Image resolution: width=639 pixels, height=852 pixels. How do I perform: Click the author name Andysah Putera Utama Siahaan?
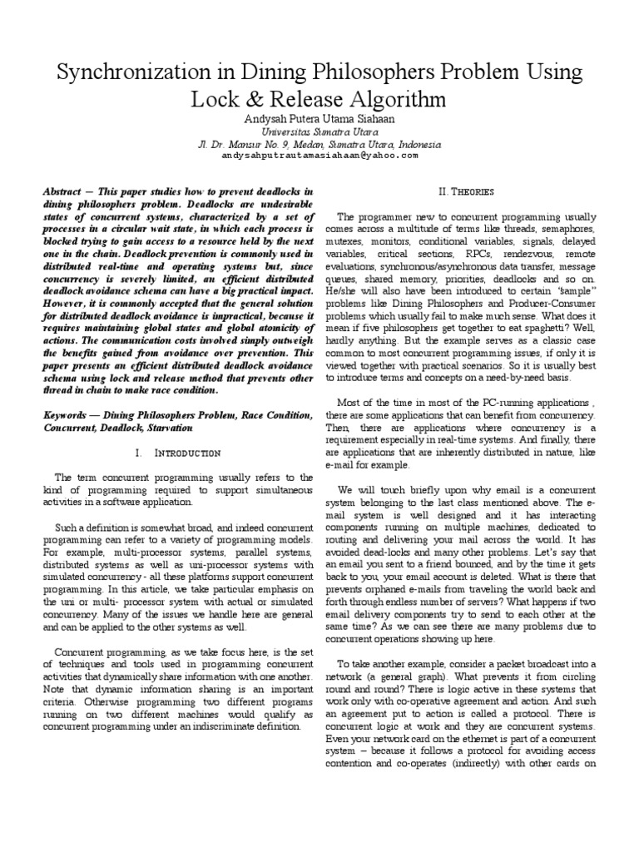pos(319,118)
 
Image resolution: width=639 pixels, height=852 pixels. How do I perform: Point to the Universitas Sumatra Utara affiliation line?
pos(319,131)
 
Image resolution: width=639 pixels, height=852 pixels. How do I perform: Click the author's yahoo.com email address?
pos(319,155)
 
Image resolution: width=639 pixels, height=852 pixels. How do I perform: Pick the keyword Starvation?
pos(171,426)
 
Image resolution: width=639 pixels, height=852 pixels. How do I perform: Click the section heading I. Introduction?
pos(177,453)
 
